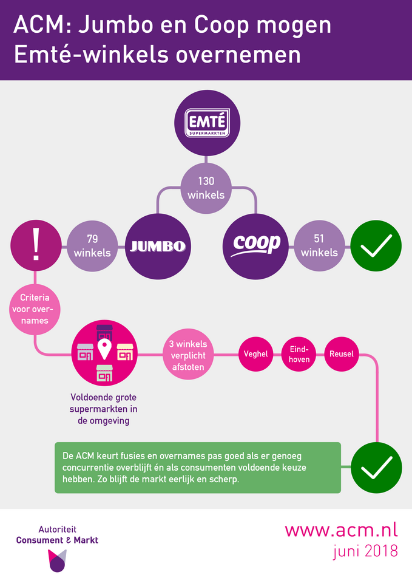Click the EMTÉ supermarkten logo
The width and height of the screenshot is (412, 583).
click(208, 123)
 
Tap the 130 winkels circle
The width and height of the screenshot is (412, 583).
click(206, 188)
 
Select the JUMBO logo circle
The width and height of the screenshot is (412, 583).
click(158, 246)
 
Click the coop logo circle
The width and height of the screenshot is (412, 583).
click(255, 246)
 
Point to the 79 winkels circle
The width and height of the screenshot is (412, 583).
click(92, 246)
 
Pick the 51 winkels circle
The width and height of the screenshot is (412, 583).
click(320, 246)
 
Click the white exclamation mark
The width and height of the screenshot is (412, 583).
click(36, 244)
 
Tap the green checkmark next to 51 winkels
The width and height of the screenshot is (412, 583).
click(376, 246)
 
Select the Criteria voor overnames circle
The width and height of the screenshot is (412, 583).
click(35, 309)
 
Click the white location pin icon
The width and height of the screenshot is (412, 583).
click(104, 349)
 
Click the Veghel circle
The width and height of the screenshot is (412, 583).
click(255, 354)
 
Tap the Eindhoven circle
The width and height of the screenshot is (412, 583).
click(299, 354)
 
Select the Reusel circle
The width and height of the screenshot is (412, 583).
click(342, 354)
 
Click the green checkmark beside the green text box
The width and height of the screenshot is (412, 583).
click(376, 468)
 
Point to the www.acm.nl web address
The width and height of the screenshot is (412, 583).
click(341, 530)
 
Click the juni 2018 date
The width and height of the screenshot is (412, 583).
click(365, 551)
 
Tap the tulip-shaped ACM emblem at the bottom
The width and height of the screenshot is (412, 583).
click(57, 561)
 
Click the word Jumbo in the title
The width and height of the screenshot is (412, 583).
click(116, 25)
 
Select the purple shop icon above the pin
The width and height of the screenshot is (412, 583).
click(104, 332)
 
